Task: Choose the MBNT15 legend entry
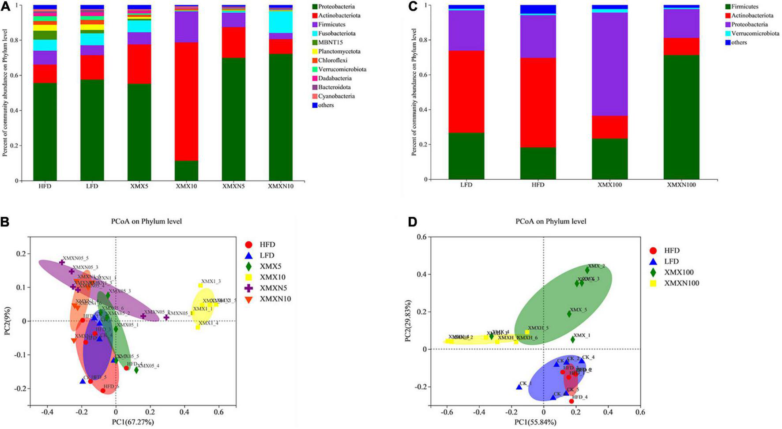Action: click(332, 42)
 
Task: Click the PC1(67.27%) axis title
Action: click(133, 422)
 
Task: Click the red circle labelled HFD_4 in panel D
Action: click(571, 401)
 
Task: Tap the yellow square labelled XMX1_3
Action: click(200, 285)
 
